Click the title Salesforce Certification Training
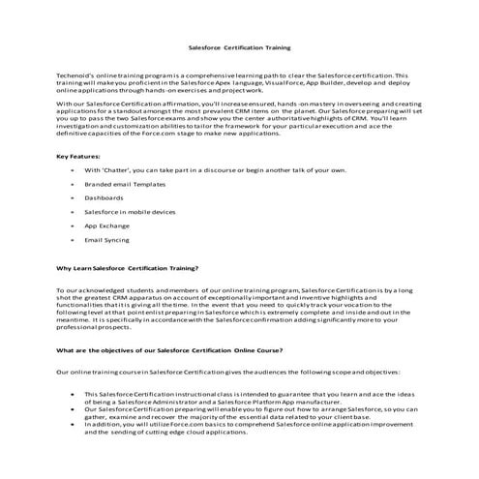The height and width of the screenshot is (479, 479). pyautogui.click(x=238, y=46)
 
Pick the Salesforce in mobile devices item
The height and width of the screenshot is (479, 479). pyautogui.click(x=130, y=211)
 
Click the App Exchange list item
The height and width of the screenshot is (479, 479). pyautogui.click(x=106, y=225)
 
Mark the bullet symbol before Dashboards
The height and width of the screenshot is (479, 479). pyautogui.click(x=73, y=196)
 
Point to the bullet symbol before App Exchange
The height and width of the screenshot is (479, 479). pyautogui.click(x=73, y=225)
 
